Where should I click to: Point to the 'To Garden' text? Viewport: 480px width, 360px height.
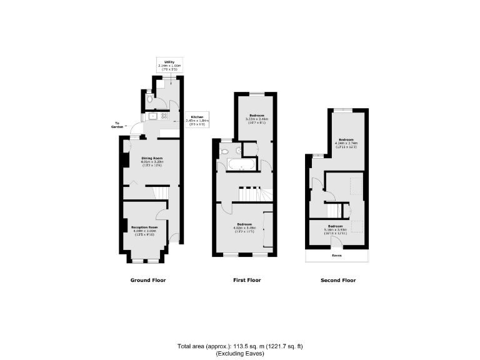(x=118, y=125)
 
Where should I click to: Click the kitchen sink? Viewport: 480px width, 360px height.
(x=152, y=116)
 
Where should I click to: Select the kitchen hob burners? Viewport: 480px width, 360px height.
(x=165, y=116)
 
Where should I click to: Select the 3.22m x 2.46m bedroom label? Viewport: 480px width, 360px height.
(x=257, y=119)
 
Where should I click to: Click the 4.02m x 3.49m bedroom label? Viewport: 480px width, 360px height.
(x=244, y=226)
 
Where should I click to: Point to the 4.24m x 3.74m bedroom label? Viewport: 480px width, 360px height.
(x=346, y=141)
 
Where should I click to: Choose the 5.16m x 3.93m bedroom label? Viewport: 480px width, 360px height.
(x=335, y=228)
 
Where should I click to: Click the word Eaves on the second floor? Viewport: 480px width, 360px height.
(x=336, y=256)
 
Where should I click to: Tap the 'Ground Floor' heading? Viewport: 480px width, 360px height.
(x=147, y=280)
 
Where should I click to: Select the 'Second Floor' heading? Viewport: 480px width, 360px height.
(x=337, y=280)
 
